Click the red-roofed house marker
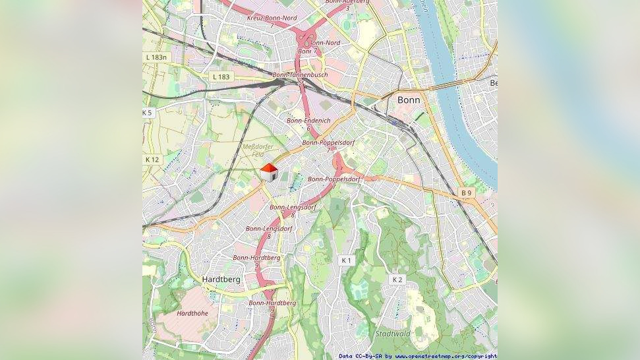[268, 172]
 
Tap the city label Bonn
[409, 100]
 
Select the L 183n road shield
[157, 57]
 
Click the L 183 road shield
[221, 77]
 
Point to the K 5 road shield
[147, 113]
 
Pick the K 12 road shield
[152, 160]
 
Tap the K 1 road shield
[346, 260]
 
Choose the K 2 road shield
[397, 280]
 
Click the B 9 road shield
[467, 193]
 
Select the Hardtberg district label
[221, 279]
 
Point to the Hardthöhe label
[192, 313]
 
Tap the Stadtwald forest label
[392, 334]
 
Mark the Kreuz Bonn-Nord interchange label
[272, 18]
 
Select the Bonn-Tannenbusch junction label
[300, 75]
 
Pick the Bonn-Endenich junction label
[308, 121]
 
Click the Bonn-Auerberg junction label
[347, 2]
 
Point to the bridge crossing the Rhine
[455, 84]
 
